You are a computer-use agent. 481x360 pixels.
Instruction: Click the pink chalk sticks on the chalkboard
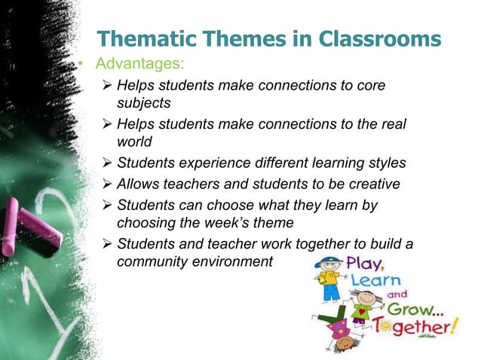pos(23,226)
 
